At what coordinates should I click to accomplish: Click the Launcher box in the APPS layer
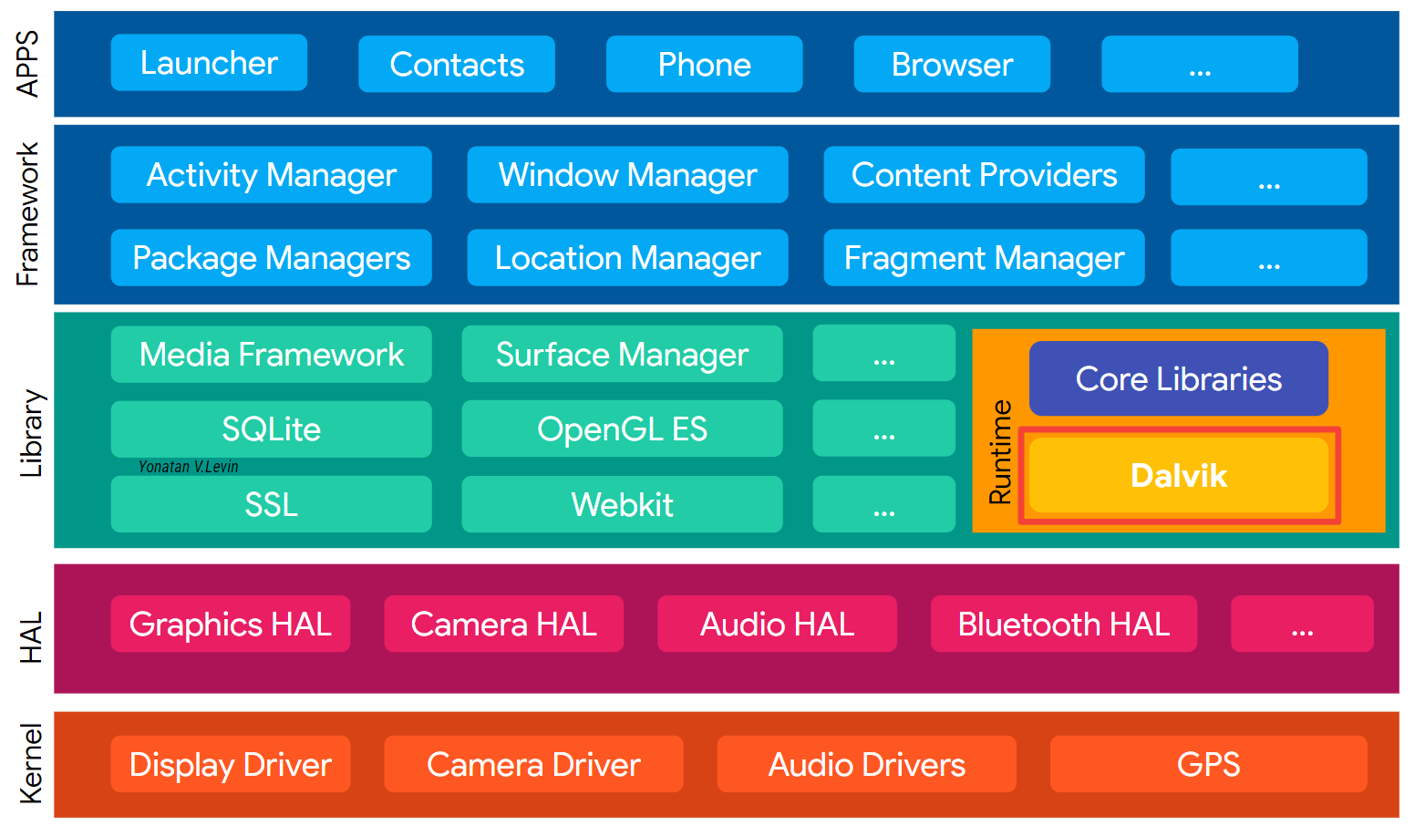pyautogui.click(x=209, y=63)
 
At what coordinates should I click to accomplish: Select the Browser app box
pyautogui.click(x=952, y=65)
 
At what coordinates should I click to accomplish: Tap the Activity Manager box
pyautogui.click(x=271, y=175)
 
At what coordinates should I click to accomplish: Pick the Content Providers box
pyautogui.click(x=984, y=175)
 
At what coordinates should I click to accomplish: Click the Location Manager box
pyautogui.click(x=627, y=258)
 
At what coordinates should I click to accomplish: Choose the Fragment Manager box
pyautogui.click(x=984, y=258)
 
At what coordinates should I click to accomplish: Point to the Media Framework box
pyautogui.click(x=271, y=355)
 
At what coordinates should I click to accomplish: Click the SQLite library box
pyautogui.click(x=271, y=429)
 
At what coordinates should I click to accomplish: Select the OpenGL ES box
pyautogui.click(x=622, y=429)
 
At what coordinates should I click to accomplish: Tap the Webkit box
pyautogui.click(x=622, y=504)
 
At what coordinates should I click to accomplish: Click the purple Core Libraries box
pyautogui.click(x=1178, y=378)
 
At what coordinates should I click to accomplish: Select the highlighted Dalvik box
pyautogui.click(x=1178, y=475)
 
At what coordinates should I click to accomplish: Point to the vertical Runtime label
pyautogui.click(x=1000, y=452)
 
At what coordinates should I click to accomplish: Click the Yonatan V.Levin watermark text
pyautogui.click(x=188, y=467)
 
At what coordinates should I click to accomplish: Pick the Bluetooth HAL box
pyautogui.click(x=1063, y=625)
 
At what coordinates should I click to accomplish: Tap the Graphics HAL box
pyautogui.click(x=230, y=625)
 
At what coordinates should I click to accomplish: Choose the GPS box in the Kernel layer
pyautogui.click(x=1208, y=764)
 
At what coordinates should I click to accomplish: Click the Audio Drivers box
pyautogui.click(x=866, y=764)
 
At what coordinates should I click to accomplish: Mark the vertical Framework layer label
pyautogui.click(x=28, y=214)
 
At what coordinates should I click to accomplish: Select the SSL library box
pyautogui.click(x=271, y=504)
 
